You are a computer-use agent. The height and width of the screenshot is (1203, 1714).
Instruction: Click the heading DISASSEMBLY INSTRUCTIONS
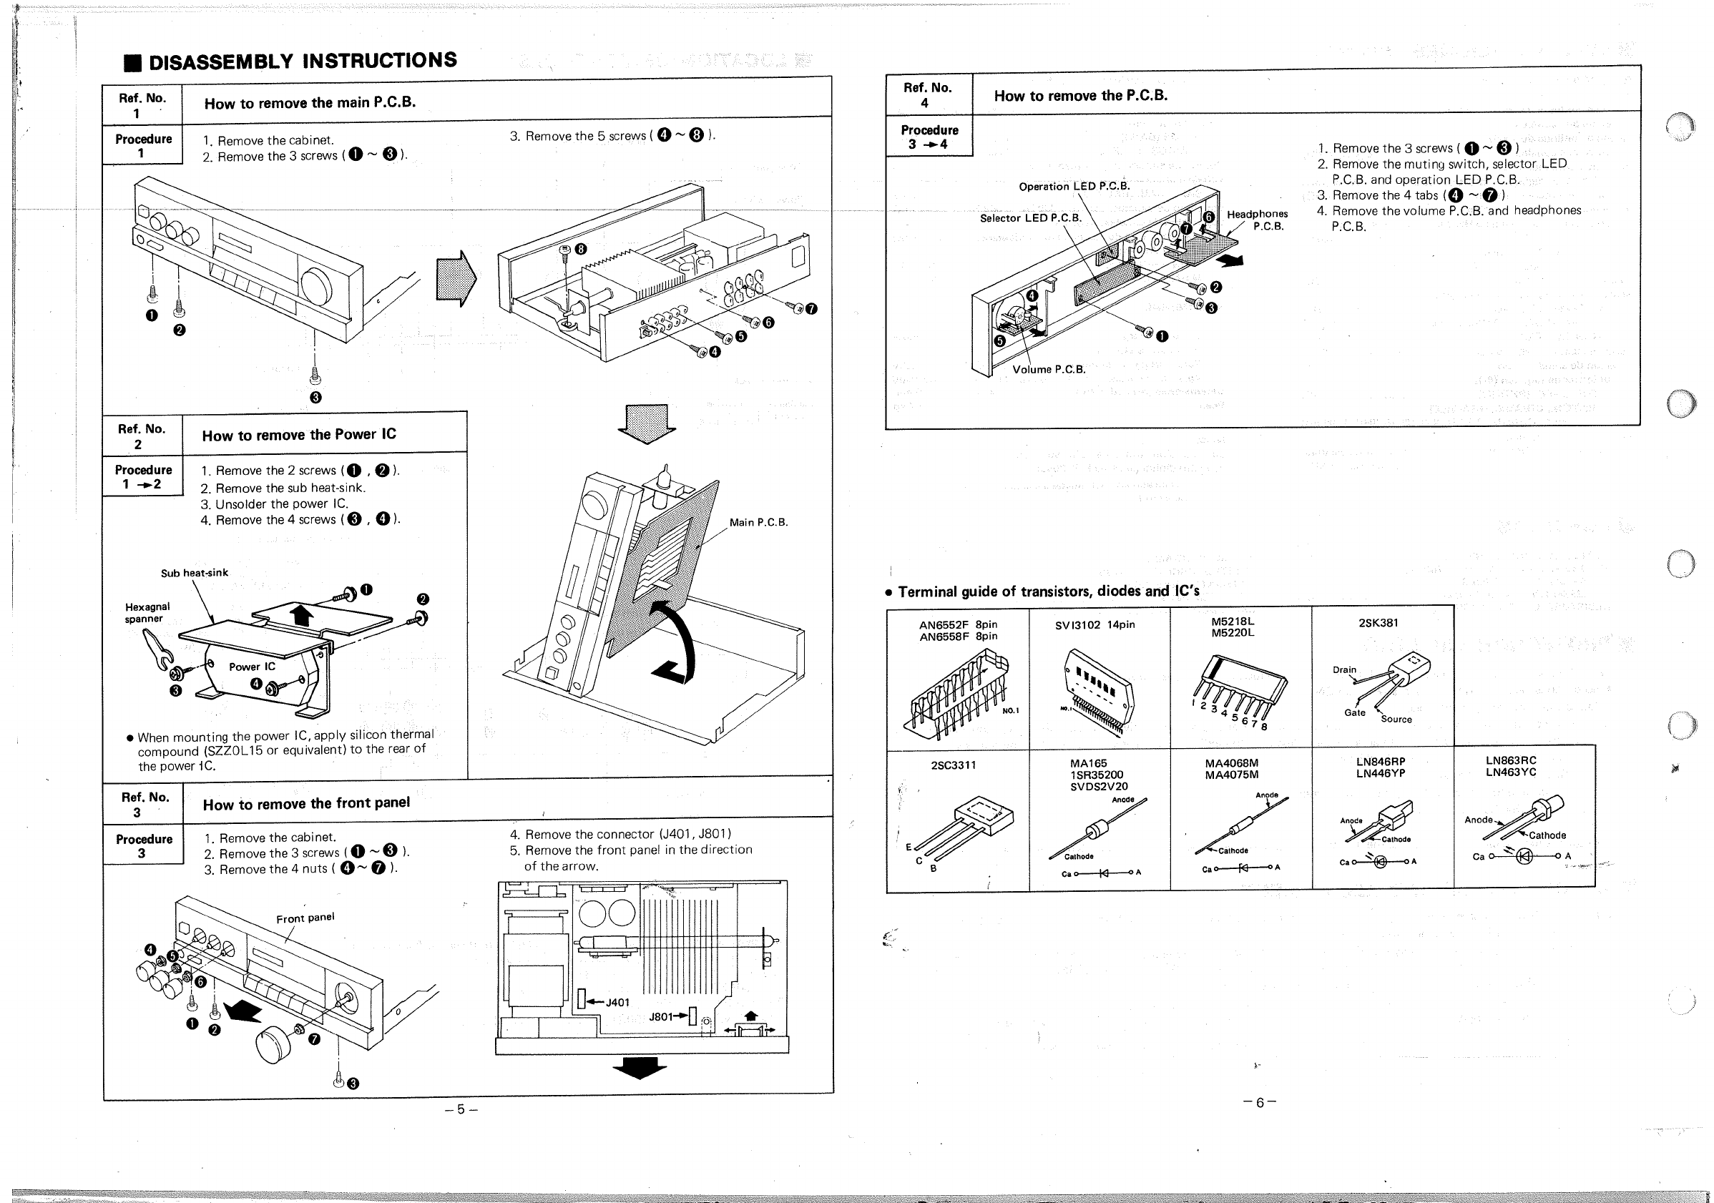coord(303,61)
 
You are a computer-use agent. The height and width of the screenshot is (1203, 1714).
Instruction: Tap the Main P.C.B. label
coord(758,522)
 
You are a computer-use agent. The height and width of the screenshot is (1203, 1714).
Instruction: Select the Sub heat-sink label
coord(194,573)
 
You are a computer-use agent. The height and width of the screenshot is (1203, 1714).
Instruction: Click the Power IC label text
coord(252,667)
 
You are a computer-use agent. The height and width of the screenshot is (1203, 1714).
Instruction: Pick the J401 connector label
coord(617,1002)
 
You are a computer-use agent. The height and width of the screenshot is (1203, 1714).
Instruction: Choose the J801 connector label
coord(662,1016)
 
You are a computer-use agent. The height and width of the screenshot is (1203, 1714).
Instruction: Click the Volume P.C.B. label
coord(1049,369)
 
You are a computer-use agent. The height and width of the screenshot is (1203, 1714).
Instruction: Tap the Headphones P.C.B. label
coord(1257,220)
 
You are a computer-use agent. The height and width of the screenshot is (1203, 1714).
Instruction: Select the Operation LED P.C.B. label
coord(1074,186)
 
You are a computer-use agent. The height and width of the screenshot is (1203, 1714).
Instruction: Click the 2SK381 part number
coord(1378,622)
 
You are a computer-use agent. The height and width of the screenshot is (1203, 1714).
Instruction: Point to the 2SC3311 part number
coord(954,765)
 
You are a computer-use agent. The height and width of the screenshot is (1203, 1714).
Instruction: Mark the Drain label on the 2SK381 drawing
coord(1343,669)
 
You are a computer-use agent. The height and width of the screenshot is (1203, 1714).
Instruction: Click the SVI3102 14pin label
coord(1094,624)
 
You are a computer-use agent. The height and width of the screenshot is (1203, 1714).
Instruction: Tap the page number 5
coord(461,1109)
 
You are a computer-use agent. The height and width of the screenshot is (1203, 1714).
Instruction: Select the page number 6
coord(1259,1102)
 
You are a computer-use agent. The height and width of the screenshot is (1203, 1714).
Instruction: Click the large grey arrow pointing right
coord(456,278)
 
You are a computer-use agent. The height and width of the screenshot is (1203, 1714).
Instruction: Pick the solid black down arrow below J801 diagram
coord(639,1069)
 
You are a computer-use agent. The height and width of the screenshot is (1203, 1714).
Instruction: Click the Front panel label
coord(305,918)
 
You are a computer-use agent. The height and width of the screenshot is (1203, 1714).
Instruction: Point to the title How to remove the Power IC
coord(298,434)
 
